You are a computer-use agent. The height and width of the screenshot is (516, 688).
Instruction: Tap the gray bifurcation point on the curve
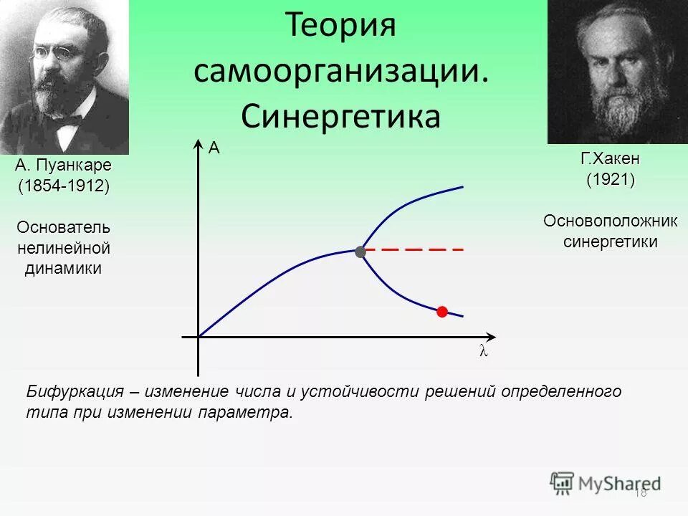[x=360, y=252]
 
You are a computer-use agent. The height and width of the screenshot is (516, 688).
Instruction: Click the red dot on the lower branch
[x=442, y=311]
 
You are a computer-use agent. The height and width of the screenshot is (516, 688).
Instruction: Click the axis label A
[x=214, y=149]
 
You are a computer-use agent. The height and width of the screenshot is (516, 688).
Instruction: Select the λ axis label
[x=483, y=352]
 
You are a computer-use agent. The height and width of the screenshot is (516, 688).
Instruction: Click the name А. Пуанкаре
[x=64, y=166]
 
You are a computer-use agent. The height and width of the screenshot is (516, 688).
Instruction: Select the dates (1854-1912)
[x=64, y=186]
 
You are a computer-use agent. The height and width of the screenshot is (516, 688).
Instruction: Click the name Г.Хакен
[x=610, y=158]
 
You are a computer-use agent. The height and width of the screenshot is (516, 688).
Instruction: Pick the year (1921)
[x=610, y=179]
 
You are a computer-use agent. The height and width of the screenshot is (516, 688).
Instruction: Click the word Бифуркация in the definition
[x=75, y=392]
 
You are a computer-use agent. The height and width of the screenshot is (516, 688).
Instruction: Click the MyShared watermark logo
[x=606, y=483]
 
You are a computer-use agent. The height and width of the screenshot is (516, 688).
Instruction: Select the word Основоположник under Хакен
[x=610, y=221]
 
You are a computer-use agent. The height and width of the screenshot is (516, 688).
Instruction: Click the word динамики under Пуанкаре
[x=64, y=269]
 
